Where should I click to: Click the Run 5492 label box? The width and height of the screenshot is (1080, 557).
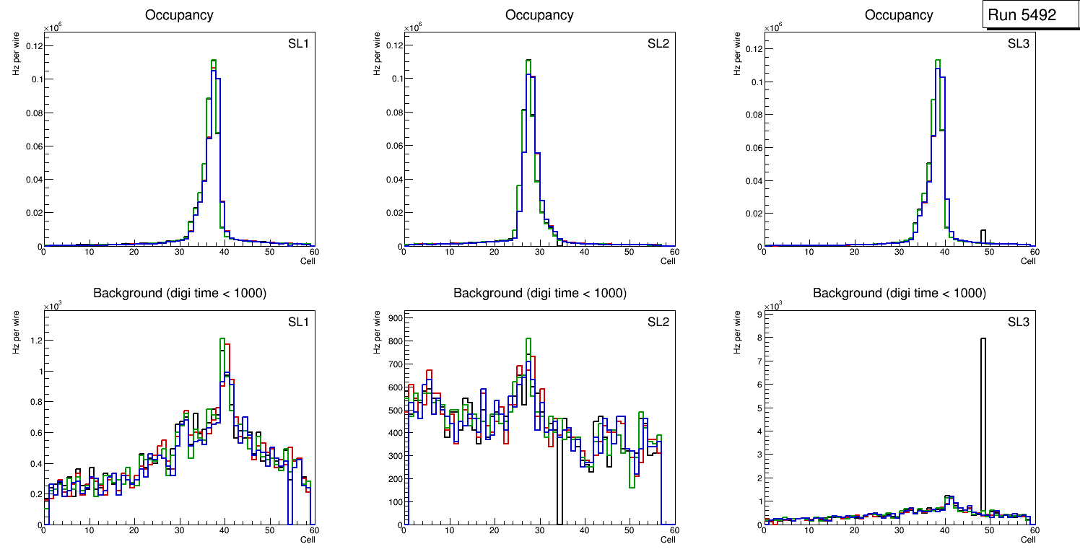pyautogui.click(x=1031, y=14)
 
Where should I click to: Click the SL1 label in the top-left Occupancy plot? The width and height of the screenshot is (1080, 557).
pyautogui.click(x=298, y=45)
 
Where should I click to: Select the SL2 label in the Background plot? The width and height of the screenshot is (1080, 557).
pyautogui.click(x=658, y=322)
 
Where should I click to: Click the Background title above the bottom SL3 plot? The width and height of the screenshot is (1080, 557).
pyautogui.click(x=899, y=293)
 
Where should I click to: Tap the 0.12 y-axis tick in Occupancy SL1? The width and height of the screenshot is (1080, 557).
pyautogui.click(x=34, y=45)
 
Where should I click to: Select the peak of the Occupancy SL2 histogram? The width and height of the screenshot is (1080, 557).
pyautogui.click(x=528, y=61)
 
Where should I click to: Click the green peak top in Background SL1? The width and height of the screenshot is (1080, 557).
pyautogui.click(x=222, y=339)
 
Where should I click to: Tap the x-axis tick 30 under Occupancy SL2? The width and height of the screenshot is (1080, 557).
pyautogui.click(x=539, y=252)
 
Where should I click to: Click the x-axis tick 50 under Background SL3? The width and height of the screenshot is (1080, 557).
pyautogui.click(x=989, y=530)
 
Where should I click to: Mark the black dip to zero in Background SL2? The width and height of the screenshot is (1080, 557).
pyautogui.click(x=559, y=505)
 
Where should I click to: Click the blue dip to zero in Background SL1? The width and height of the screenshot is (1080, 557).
pyautogui.click(x=289, y=505)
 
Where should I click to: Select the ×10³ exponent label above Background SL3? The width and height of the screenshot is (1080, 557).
pyautogui.click(x=773, y=307)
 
